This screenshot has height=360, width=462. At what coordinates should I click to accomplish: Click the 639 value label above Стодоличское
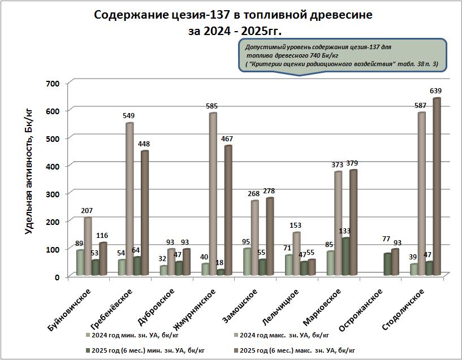click(x=435, y=90)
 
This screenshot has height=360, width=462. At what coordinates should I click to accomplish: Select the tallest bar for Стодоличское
click(x=436, y=186)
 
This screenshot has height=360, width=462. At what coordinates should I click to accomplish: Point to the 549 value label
click(x=129, y=116)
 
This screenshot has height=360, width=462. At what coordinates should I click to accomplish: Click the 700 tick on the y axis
click(x=53, y=83)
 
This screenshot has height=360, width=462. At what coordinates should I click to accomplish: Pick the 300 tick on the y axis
click(x=53, y=193)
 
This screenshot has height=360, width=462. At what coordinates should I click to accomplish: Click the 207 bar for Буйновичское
click(x=88, y=246)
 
